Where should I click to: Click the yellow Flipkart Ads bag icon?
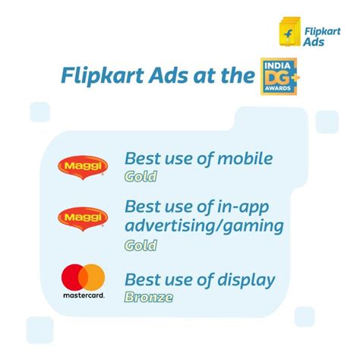(290, 32)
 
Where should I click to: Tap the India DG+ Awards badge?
(279, 77)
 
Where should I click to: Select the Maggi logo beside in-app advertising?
(83, 219)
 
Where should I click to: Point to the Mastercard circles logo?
(84, 277)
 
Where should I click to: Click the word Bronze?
(149, 297)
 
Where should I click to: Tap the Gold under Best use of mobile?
(141, 176)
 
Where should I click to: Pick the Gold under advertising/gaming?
(141, 245)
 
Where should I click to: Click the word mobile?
(245, 158)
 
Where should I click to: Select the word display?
(246, 280)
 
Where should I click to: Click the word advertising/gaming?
(204, 226)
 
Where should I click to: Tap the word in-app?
(243, 207)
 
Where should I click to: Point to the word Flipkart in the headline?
(103, 76)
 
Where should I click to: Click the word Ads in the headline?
(169, 75)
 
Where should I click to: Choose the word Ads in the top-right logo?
(314, 42)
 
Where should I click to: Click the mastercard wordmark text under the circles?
(84, 295)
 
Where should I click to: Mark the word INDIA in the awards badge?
(277, 66)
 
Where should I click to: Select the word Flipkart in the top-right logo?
(322, 32)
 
